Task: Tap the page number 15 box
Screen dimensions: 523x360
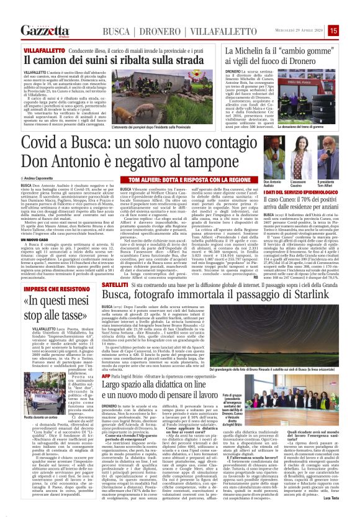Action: pos(351,30)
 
